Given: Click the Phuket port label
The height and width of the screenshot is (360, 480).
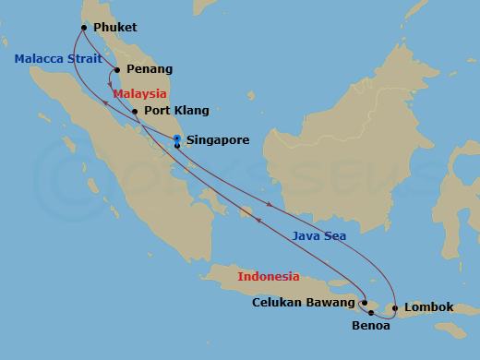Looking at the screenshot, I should (x=115, y=28).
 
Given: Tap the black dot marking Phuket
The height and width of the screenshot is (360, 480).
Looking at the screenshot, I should (x=84, y=27).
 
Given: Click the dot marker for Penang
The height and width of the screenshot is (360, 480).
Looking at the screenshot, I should (x=116, y=69).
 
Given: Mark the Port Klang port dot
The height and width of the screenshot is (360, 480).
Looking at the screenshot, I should (x=136, y=112).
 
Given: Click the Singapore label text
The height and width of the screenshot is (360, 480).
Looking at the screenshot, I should (x=218, y=141).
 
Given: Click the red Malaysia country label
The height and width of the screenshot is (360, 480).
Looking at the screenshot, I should (x=139, y=93).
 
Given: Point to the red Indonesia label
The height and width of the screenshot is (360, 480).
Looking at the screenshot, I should (x=269, y=276).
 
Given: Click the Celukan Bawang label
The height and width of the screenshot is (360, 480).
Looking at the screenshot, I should (x=304, y=303).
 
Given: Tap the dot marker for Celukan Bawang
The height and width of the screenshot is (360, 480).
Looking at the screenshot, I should (x=364, y=302).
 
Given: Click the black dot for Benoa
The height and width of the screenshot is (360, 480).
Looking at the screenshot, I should (x=371, y=314).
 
